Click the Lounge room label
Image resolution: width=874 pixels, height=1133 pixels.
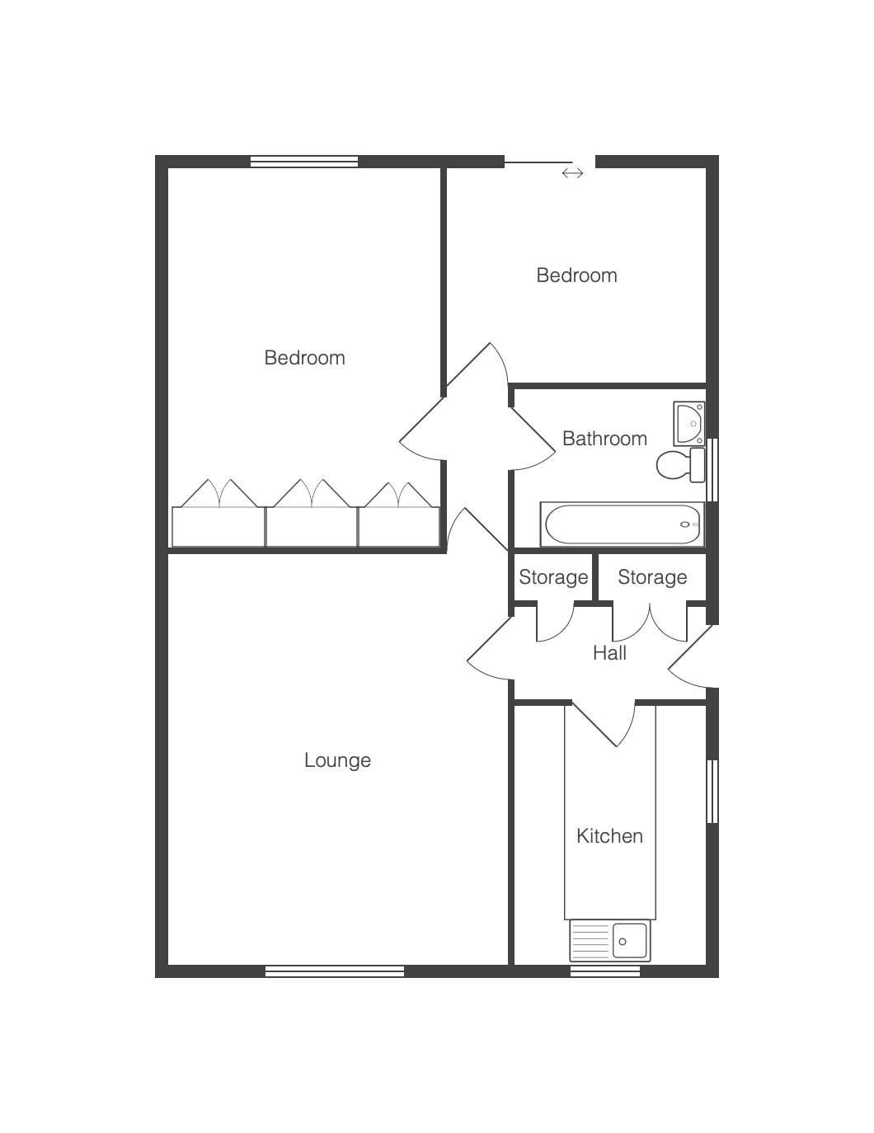tap(337, 761)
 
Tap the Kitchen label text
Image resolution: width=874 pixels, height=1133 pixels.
tap(609, 836)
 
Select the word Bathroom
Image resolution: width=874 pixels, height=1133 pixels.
tap(604, 439)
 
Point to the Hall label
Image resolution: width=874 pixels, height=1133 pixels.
tap(609, 653)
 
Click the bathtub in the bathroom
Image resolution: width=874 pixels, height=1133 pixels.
tap(623, 524)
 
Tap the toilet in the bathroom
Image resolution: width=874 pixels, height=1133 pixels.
tap(680, 464)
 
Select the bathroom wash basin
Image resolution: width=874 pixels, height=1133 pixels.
tap(689, 423)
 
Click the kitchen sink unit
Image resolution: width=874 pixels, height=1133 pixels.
tap(610, 941)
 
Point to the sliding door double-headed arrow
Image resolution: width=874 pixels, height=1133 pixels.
tap(572, 173)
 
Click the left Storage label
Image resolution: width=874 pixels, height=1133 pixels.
tap(553, 577)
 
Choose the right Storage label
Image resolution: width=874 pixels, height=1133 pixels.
tap(652, 577)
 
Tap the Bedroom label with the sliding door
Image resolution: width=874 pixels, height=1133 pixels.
tap(576, 275)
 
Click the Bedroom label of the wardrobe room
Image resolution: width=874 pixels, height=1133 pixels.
tap(304, 358)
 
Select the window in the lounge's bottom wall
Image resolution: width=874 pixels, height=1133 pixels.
tap(335, 971)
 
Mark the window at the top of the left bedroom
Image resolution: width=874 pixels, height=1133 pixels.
tap(304, 162)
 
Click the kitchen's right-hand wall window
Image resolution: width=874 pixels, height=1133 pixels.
tap(712, 792)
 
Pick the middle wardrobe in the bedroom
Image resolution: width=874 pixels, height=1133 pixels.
tap(312, 527)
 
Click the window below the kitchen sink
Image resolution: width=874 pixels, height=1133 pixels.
tap(605, 971)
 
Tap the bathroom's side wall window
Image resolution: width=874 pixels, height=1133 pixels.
tap(712, 470)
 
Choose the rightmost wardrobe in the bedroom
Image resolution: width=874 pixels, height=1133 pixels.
tap(399, 527)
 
